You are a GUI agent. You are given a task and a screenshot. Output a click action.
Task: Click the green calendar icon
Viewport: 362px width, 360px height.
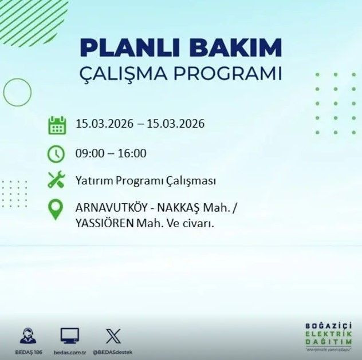57,125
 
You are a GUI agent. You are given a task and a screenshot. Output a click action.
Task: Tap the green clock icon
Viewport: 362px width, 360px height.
57,153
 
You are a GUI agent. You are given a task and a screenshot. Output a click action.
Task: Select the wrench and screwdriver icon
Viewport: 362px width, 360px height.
57,181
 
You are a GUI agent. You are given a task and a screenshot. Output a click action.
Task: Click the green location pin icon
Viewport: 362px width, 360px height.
56,210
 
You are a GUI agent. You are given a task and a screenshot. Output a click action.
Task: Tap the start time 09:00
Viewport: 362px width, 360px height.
88,153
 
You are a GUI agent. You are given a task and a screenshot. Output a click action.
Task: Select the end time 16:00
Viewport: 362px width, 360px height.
133,153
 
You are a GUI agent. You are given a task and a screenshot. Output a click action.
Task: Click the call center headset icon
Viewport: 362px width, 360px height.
26,335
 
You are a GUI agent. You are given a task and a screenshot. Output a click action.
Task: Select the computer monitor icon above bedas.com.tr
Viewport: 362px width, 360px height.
69,335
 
